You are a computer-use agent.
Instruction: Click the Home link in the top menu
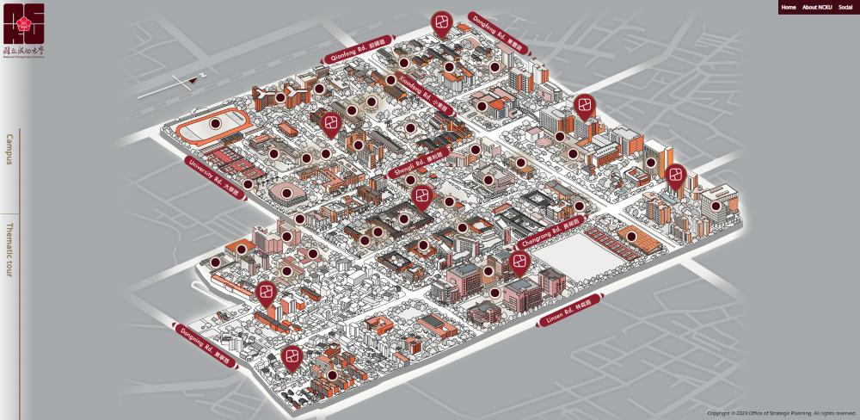tap(789, 7)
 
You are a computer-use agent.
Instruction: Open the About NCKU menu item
tap(817, 7)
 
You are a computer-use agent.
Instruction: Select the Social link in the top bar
tap(845, 7)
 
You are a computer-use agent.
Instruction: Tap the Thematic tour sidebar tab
tap(10, 250)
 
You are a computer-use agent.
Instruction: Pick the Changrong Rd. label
tap(553, 232)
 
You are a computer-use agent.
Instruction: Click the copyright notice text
tap(781, 413)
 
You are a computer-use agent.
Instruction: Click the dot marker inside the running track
tap(215, 124)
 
